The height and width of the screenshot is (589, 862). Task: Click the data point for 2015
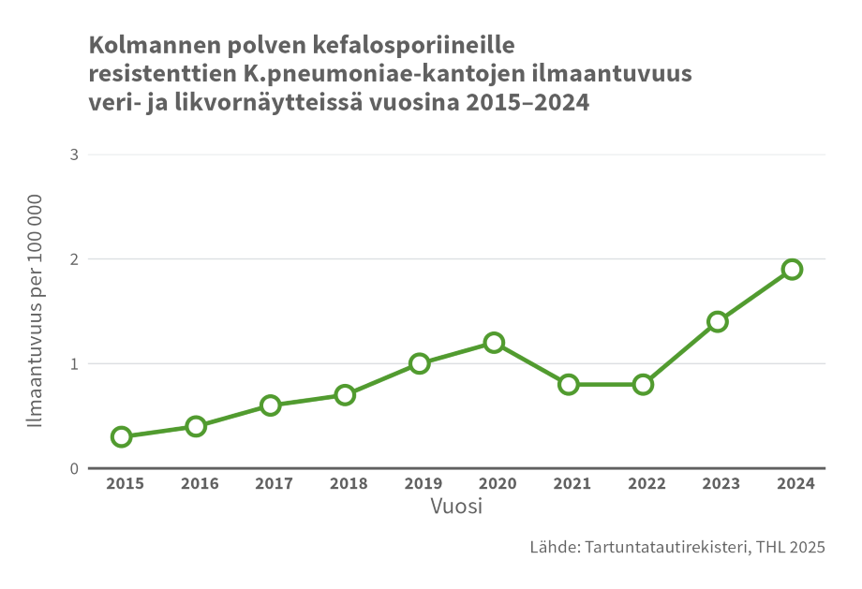121,436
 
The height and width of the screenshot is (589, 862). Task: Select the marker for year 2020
494,343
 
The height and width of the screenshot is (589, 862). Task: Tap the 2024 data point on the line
792,270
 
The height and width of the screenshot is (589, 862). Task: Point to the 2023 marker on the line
718,321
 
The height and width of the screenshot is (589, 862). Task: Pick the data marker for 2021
569,384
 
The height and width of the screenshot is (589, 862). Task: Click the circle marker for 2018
345,394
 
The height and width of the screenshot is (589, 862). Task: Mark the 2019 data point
420,363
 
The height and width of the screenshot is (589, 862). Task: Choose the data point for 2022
643,384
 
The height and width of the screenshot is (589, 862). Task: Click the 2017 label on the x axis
274,483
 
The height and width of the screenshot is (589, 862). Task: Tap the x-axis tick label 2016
200,483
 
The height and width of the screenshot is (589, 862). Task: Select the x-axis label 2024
795,483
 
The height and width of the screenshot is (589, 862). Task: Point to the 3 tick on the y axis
74,155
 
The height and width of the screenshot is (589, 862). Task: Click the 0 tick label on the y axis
74,468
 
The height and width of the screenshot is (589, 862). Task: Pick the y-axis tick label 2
74,259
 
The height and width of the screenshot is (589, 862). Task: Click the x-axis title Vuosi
456,507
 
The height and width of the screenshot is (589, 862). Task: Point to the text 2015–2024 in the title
527,103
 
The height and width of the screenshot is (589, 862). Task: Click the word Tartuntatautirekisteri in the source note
664,548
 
